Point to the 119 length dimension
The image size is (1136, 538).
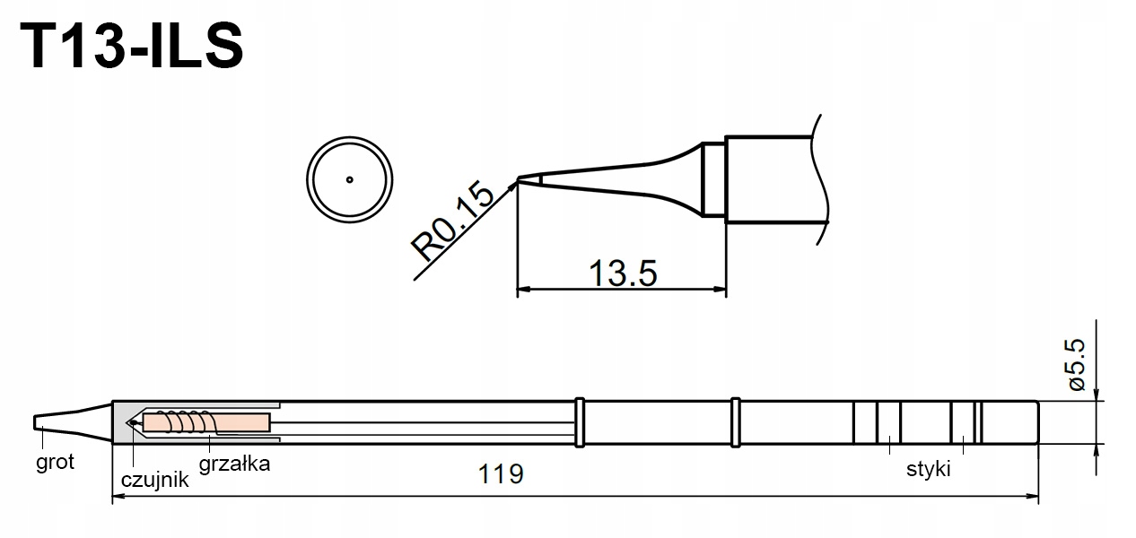(502, 473)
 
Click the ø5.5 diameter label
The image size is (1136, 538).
(1077, 364)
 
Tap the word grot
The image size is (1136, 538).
(55, 463)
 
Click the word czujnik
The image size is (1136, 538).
(154, 480)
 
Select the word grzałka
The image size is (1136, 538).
(234, 464)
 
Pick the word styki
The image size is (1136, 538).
(927, 469)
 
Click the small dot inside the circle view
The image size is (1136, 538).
(350, 178)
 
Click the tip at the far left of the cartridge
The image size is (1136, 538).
(40, 421)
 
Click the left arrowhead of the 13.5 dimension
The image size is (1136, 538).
(525, 290)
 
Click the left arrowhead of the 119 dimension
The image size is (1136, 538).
(118, 496)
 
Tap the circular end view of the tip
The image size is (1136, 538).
(350, 178)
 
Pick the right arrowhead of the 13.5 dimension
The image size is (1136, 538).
(720, 290)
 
